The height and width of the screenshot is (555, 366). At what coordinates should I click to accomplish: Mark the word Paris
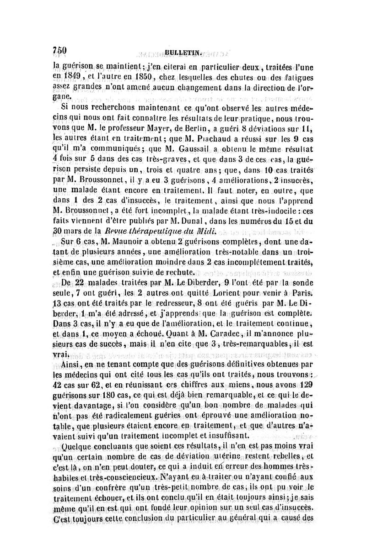click(x=300, y=296)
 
